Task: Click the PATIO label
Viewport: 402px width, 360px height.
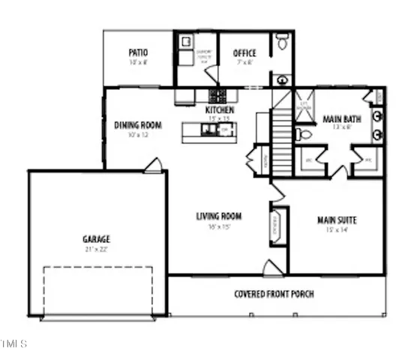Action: coord(137,52)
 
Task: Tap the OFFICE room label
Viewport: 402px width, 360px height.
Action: coord(244,53)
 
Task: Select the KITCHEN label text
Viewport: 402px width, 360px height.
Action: coord(220,110)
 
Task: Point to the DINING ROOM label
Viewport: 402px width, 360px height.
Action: coord(138,125)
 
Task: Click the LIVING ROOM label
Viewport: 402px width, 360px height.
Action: coord(218,217)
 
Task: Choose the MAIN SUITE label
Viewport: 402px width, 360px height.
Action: coord(336,220)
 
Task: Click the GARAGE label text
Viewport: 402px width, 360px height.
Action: coord(96,239)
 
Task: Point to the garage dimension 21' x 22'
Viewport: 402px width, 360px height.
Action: coord(96,249)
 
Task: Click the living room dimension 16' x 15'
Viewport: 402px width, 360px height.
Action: coord(218,226)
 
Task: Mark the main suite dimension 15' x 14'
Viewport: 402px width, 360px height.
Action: coord(336,230)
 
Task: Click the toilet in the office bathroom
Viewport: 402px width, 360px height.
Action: coord(281,43)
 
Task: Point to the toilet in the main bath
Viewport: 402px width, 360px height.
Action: coord(304,135)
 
